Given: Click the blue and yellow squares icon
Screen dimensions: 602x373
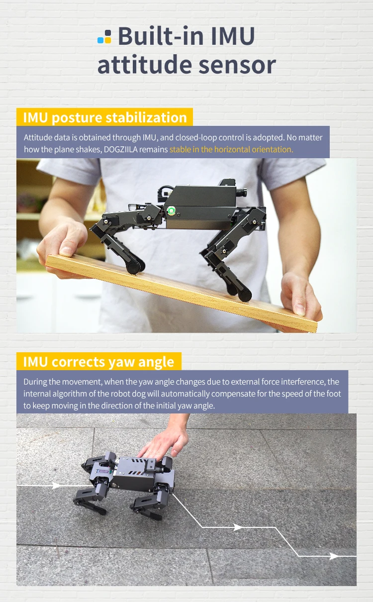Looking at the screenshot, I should tap(104, 37).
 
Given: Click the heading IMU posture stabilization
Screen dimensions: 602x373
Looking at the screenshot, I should tap(105, 117).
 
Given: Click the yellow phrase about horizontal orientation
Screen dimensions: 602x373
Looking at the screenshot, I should tap(231, 149).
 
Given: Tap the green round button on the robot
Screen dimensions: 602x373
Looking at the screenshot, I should tap(171, 210).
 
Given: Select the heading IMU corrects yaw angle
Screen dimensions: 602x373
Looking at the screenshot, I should tap(99, 361).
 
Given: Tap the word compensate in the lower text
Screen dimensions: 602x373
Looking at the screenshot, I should tap(233, 394).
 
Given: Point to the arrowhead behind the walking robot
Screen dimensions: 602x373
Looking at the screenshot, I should tap(56, 485).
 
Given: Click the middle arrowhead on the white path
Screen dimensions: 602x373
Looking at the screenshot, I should tap(238, 527).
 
